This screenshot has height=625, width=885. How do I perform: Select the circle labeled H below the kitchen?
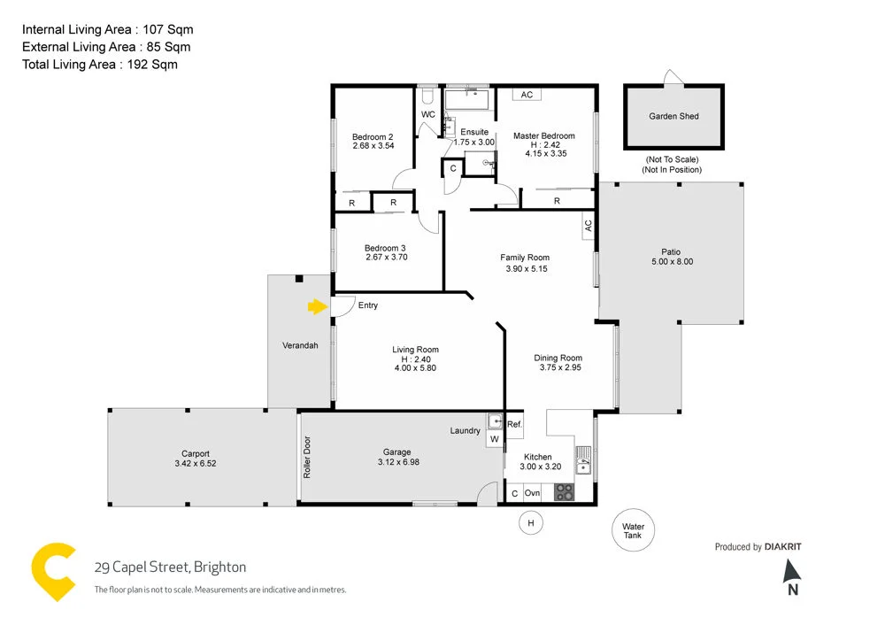[531, 523]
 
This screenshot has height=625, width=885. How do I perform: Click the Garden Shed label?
[673, 116]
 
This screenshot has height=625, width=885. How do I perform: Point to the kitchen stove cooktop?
[564, 492]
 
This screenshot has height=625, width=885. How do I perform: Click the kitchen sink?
[583, 458]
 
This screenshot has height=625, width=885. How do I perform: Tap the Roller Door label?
[307, 458]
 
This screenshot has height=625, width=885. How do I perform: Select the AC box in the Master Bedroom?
[527, 95]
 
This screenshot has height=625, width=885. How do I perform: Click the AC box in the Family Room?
[588, 228]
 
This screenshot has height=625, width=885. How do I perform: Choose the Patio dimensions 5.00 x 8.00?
[673, 262]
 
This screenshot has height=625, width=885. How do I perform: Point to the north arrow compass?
[792, 576]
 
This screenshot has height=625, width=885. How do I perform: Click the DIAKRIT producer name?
[782, 547]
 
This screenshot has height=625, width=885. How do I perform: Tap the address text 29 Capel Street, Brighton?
[170, 567]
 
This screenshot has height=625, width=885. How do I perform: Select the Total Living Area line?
[99, 64]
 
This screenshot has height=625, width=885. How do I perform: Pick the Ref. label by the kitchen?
[514, 425]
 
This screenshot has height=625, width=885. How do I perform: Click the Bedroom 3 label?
[385, 248]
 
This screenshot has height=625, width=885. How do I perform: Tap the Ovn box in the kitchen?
[532, 493]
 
